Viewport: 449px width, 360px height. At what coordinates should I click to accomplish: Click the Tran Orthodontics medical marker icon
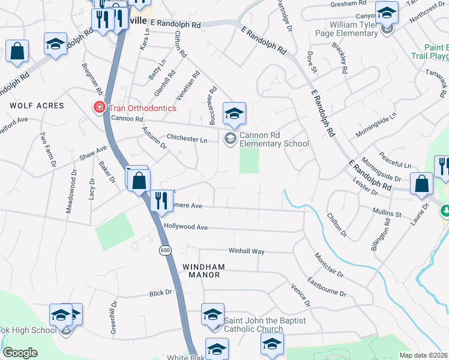tap(97, 108)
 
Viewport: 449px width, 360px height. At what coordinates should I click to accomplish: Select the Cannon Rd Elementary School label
tap(274, 139)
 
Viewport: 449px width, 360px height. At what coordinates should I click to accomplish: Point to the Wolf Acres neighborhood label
tap(37, 106)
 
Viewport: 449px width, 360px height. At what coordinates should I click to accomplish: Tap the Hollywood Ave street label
tap(185, 228)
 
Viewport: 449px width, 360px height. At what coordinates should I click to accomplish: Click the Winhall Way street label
tap(246, 251)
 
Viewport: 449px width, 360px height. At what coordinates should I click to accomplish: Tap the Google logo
tap(20, 353)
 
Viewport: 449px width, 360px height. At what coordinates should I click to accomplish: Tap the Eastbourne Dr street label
tap(327, 287)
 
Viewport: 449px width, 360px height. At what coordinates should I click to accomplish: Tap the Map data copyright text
tap(424, 355)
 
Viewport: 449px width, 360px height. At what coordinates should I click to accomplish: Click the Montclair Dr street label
tap(328, 265)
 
